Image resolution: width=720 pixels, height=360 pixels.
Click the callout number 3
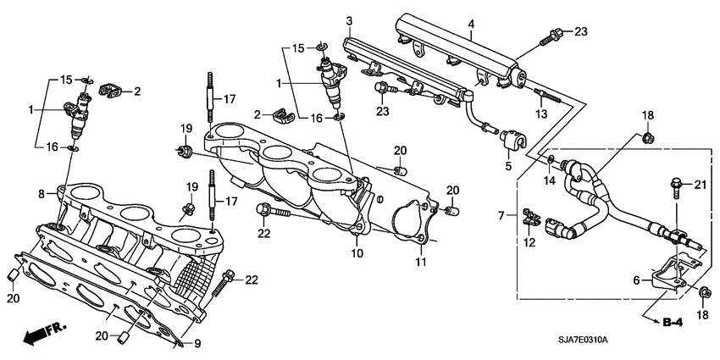pyautogui.click(x=348, y=19)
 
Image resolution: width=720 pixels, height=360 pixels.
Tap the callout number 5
pyautogui.click(x=509, y=167)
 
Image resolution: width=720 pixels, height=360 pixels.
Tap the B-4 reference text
pyautogui.click(x=673, y=322)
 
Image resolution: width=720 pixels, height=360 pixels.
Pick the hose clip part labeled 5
pyautogui.click(x=512, y=138)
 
